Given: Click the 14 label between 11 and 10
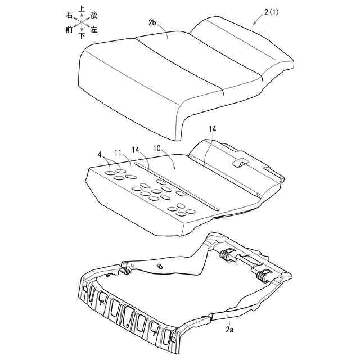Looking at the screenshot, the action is (136, 149).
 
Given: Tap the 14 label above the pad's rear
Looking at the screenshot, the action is (212, 129).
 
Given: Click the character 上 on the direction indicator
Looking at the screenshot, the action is (82, 9).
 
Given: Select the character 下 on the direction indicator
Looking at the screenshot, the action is (82, 35).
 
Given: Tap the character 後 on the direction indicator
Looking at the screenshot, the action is (94, 15).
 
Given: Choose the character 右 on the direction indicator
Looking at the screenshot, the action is (69, 15).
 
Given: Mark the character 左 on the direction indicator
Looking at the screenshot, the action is (94, 29).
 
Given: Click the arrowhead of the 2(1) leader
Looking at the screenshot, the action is (254, 24).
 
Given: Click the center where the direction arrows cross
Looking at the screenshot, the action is (82, 22).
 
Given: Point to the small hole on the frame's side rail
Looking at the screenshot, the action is (160, 266).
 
